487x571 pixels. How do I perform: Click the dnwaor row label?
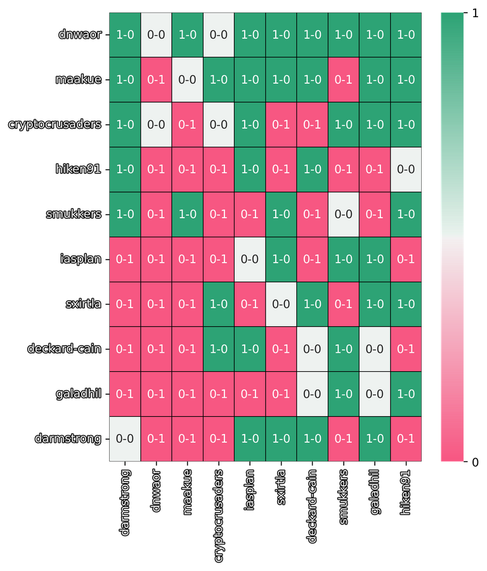(x=79, y=35)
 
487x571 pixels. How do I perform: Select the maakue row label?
(x=78, y=80)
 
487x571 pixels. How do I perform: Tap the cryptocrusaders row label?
(x=55, y=124)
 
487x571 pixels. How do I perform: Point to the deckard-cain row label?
(x=64, y=348)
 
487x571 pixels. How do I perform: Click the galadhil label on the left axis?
(x=78, y=393)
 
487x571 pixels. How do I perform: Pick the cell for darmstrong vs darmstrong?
(x=125, y=438)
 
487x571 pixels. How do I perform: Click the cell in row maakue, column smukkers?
(x=344, y=80)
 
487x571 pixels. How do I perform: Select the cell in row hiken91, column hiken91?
(x=406, y=169)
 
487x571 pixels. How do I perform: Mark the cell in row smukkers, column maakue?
(x=187, y=214)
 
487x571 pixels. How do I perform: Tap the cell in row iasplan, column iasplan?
(x=250, y=259)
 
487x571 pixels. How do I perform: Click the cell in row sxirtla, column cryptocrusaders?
(x=219, y=304)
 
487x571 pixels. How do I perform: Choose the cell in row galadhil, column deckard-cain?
(x=312, y=393)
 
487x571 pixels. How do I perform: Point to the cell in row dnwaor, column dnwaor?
(x=156, y=35)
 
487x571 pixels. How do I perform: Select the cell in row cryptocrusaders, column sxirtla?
(x=281, y=124)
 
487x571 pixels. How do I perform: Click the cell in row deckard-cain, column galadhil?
(x=375, y=348)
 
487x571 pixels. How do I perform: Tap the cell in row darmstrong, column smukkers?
(x=344, y=438)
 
